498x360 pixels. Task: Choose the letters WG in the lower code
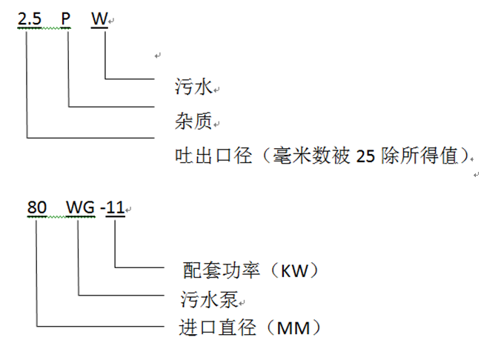click(80, 209)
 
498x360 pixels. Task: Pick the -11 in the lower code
click(114, 209)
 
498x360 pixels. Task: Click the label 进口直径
click(210, 327)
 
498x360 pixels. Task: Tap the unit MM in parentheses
click(289, 327)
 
